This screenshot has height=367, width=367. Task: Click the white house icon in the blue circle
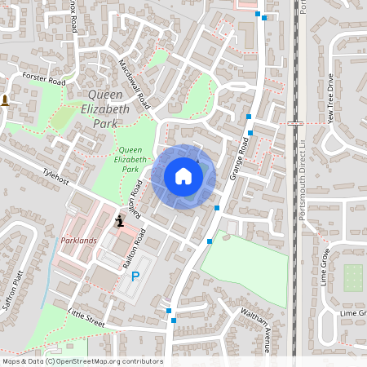click(183, 176)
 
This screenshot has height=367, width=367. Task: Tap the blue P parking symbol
click(136, 276)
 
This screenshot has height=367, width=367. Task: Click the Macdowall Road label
click(135, 84)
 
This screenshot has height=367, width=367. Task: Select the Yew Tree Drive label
click(330, 98)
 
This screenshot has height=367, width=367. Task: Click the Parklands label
click(78, 241)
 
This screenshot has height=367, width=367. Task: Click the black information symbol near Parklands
click(120, 220)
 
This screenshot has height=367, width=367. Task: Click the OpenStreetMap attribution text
click(82, 361)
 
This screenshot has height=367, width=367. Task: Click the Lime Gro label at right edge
click(353, 313)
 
